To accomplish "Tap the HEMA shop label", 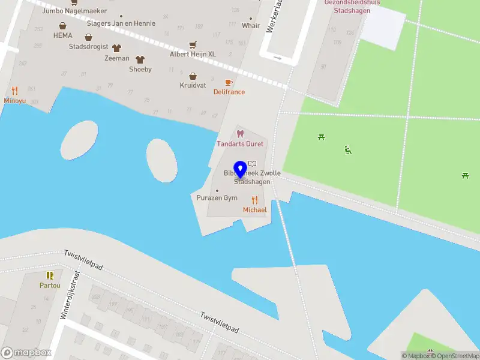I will [x=62, y=35].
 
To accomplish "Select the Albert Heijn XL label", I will [x=192, y=55].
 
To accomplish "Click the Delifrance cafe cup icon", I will [x=229, y=82].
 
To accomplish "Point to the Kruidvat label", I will [x=193, y=86].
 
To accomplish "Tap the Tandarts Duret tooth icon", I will [x=240, y=134].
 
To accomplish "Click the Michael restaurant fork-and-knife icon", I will [x=254, y=200].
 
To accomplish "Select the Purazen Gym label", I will [x=217, y=198].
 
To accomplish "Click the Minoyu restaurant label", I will [x=15, y=101].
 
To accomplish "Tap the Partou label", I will [x=50, y=285].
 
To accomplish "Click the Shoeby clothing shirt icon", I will [x=140, y=59].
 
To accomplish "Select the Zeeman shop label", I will [x=116, y=58].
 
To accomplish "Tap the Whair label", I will [x=251, y=26].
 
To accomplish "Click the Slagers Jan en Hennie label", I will [x=121, y=23].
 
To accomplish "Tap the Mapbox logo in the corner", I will [x=26, y=353].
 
